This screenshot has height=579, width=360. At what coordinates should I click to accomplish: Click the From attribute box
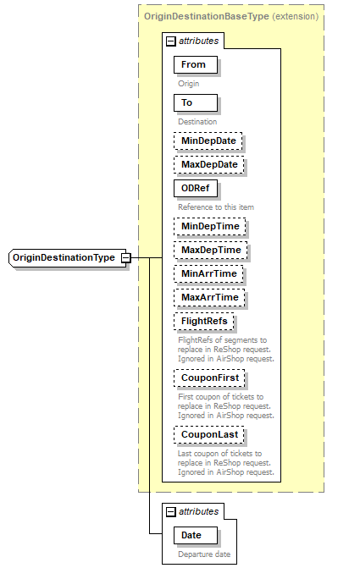(x=194, y=64)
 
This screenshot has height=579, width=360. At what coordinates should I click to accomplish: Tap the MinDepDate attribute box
(x=208, y=140)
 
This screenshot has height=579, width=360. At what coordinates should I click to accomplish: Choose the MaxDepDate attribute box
(x=208, y=163)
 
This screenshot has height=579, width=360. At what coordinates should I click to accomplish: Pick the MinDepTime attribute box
(x=209, y=226)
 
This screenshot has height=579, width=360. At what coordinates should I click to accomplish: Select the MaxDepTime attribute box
(x=211, y=250)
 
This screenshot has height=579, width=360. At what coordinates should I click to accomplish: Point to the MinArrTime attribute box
(x=208, y=273)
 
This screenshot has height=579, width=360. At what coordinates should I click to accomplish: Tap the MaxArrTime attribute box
(x=208, y=297)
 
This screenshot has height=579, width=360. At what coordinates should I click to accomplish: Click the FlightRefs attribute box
(x=204, y=321)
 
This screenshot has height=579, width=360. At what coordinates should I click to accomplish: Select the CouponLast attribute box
(x=208, y=434)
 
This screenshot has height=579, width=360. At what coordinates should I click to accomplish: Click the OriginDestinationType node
(x=64, y=257)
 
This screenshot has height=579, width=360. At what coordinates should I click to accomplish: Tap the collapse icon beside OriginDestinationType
(x=125, y=257)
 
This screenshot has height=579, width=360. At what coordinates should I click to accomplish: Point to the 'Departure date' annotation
(x=203, y=554)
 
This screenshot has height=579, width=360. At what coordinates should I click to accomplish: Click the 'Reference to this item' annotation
(x=216, y=207)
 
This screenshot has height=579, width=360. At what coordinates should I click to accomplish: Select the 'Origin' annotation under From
(x=189, y=84)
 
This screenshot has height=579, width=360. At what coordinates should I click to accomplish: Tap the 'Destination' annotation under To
(x=197, y=121)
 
